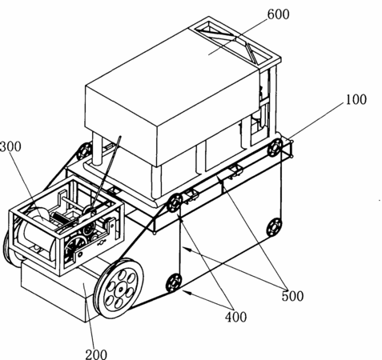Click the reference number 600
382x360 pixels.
click(278, 14)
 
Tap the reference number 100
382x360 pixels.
click(356, 99)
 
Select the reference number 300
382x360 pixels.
click(10, 146)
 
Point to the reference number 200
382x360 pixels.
click(96, 354)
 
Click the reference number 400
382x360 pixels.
click(236, 318)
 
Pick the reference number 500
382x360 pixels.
click(293, 296)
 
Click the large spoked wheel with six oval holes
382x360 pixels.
click(119, 288)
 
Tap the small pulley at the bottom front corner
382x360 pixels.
click(174, 282)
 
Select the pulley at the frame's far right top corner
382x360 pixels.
click(275, 147)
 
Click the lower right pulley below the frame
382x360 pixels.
click(274, 227)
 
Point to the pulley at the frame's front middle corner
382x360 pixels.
click(175, 203)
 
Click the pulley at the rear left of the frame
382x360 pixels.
click(84, 151)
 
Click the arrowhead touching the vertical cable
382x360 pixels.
click(187, 250)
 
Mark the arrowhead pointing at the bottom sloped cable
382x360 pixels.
click(187, 293)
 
